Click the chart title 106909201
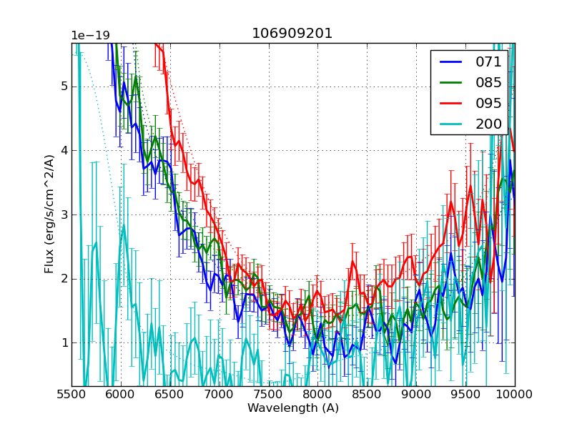292,34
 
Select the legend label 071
488,62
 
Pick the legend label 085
488,82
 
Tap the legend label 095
488,103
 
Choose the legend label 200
488,124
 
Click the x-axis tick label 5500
71,395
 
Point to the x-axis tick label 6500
170,395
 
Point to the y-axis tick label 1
64,343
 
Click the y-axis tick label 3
64,214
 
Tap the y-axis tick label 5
64,87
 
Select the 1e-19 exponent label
90,36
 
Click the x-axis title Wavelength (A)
293,408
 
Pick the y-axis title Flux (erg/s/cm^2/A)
49,214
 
